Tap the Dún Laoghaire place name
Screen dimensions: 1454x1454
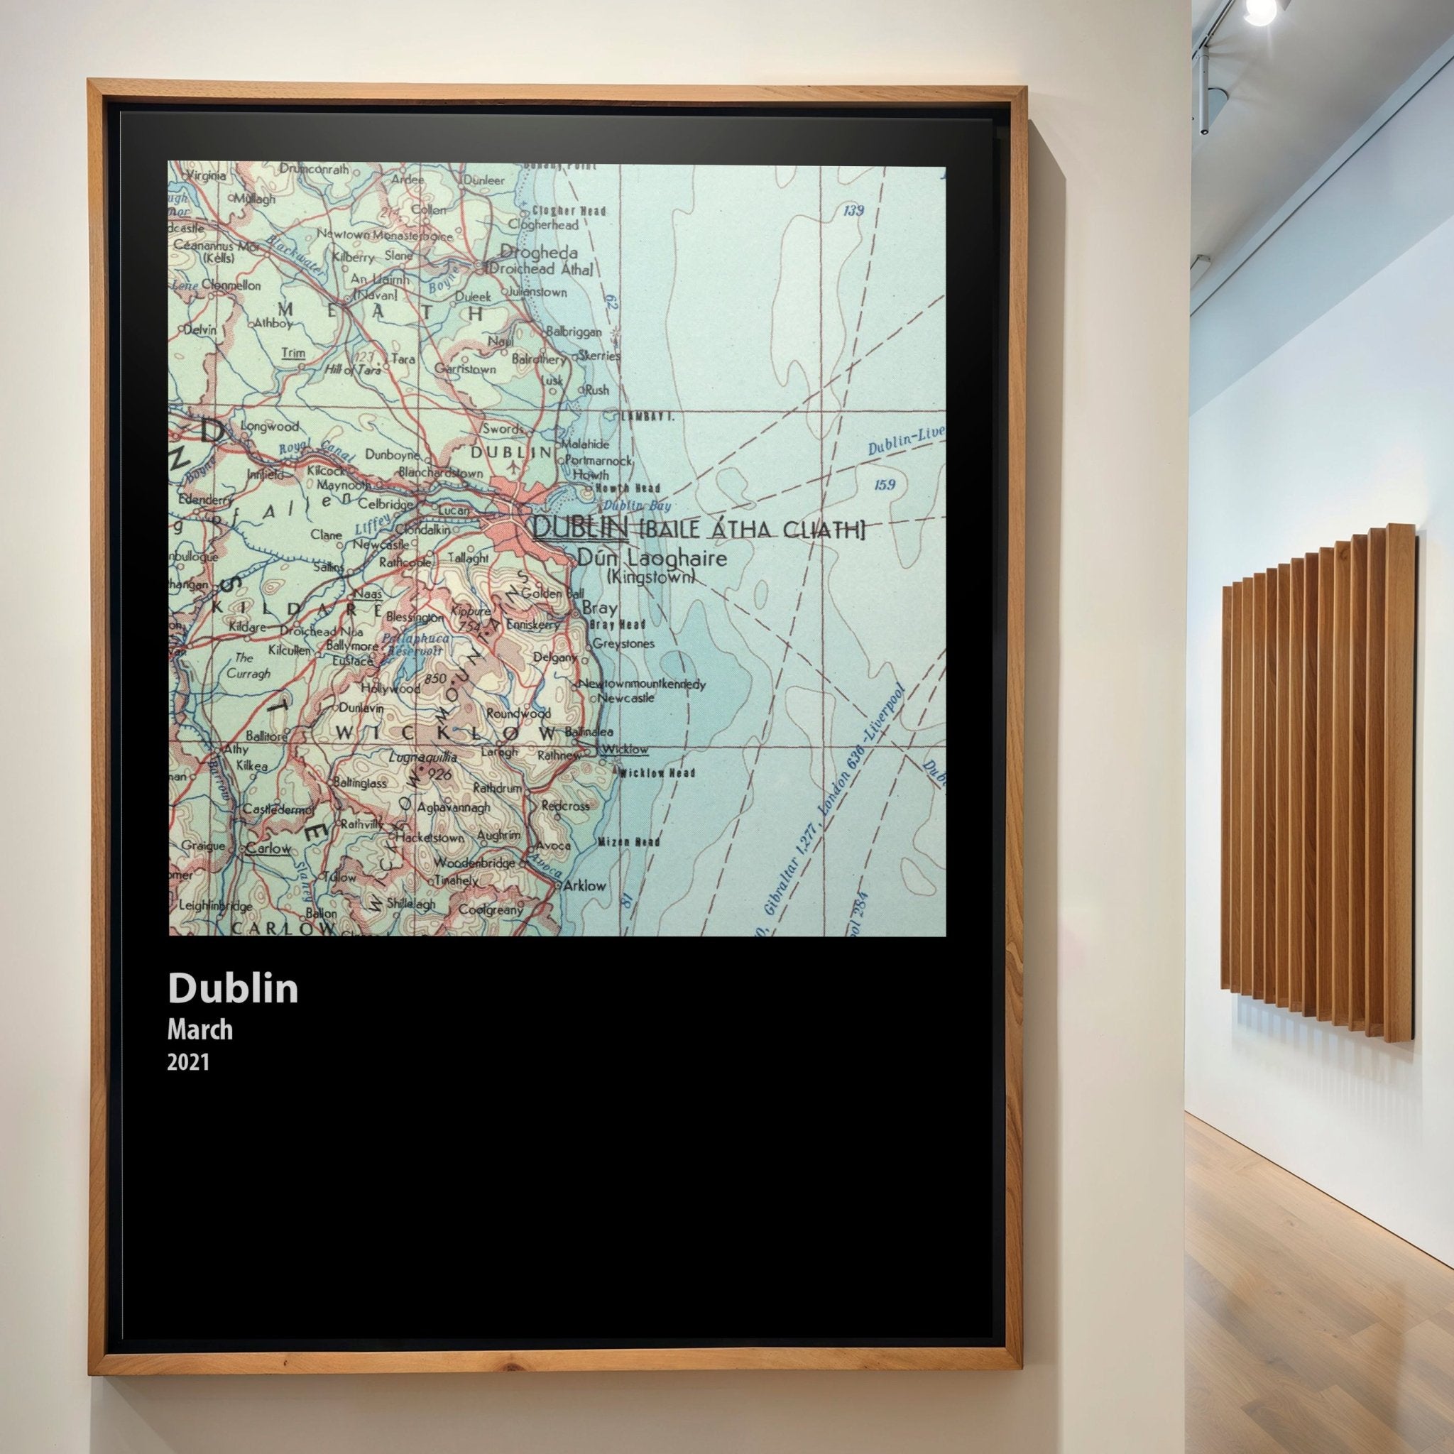pos(652,557)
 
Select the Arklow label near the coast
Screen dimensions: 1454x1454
pos(584,885)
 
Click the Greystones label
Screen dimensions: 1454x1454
pos(623,643)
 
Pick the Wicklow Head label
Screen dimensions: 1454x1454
pos(656,773)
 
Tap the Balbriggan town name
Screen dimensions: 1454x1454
pos(574,331)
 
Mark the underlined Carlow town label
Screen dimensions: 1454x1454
pos(268,848)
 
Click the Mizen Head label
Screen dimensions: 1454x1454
pos(629,841)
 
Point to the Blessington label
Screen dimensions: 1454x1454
pos(414,617)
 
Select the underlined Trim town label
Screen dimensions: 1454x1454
pos(293,353)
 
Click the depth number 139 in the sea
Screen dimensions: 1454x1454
pos(853,211)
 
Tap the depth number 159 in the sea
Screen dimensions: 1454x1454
pos(885,485)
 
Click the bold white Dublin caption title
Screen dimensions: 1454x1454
pos(233,988)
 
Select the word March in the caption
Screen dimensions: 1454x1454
pos(199,1029)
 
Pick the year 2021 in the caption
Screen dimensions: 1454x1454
pos(187,1062)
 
